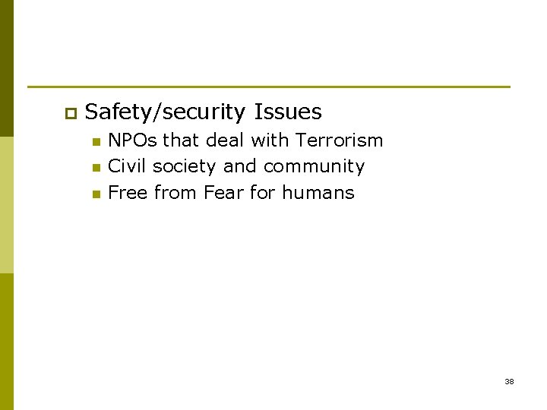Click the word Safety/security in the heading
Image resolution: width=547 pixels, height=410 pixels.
pos(166,113)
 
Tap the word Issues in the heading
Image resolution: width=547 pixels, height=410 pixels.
pos(288,112)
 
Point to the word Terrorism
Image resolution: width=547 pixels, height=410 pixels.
pos(340,140)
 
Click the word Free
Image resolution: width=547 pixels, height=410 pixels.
pos(128,193)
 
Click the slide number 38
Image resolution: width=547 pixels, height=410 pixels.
pos(509,381)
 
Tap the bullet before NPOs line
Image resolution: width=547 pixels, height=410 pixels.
pos(95,142)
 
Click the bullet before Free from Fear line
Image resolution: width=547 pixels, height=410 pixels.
pos(95,194)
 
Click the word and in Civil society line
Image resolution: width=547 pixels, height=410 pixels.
pos(240,166)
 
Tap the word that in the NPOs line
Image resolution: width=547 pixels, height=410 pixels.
pos(180,140)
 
